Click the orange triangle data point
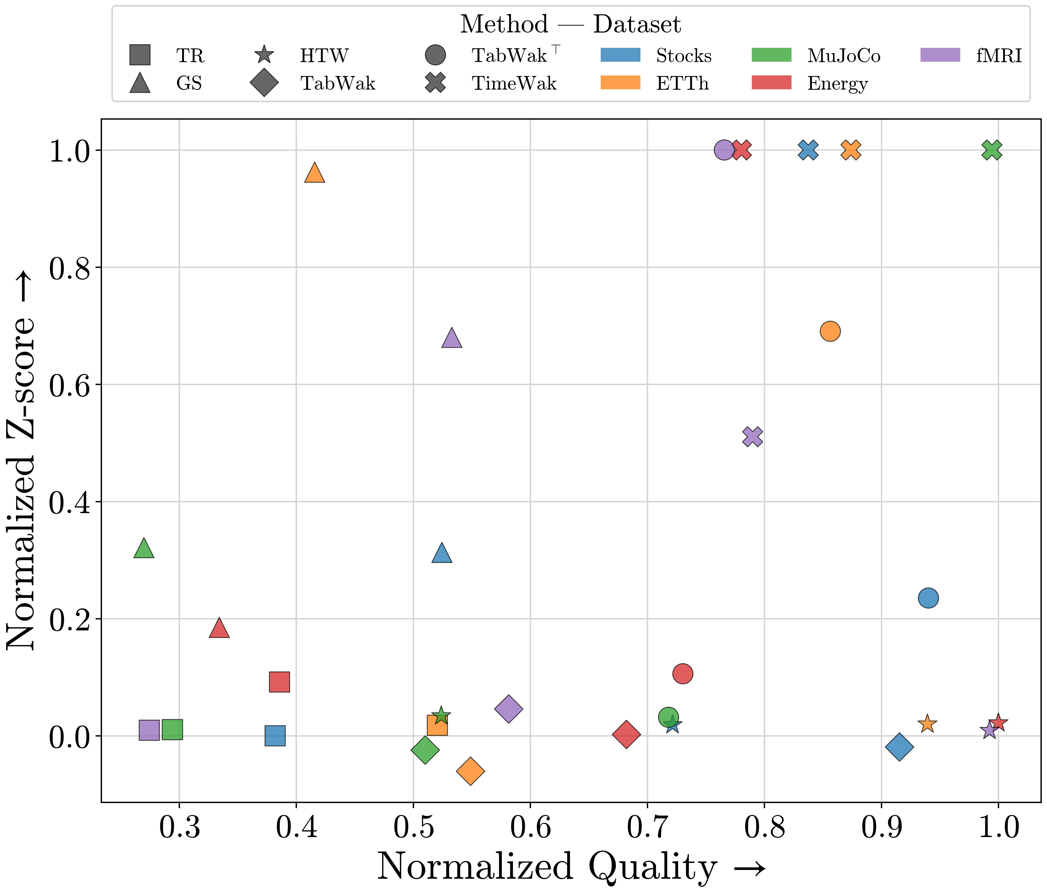[314, 173]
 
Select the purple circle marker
[724, 150]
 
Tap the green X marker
[992, 150]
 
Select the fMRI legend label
[999, 56]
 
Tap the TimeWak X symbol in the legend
[435, 83]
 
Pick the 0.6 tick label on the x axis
[530, 828]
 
